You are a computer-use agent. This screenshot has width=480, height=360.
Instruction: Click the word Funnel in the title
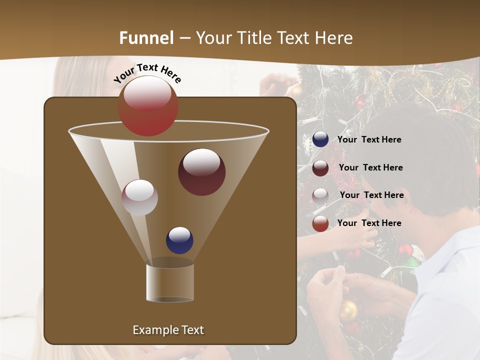[146, 38]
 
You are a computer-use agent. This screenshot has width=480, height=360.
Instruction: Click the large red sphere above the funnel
[148, 106]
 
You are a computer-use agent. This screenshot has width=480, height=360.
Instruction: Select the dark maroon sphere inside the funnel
[201, 172]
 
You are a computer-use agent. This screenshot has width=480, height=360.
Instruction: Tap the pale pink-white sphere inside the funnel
[139, 197]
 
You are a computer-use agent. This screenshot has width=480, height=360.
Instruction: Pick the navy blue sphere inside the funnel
[179, 240]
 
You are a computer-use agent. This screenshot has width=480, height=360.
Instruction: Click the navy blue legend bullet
[320, 139]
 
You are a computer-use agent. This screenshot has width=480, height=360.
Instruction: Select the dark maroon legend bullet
[320, 168]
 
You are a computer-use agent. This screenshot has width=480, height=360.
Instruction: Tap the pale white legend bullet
[320, 195]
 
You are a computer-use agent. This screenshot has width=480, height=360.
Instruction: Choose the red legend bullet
[320, 223]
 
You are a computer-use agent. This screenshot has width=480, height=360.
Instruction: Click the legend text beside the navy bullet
[369, 140]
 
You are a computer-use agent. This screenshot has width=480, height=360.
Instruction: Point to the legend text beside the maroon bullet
[370, 168]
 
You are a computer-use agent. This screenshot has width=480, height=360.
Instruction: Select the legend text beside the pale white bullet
[371, 195]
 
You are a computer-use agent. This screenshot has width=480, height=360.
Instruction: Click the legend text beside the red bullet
[369, 223]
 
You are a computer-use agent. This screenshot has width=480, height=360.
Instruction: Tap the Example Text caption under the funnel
[168, 330]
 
